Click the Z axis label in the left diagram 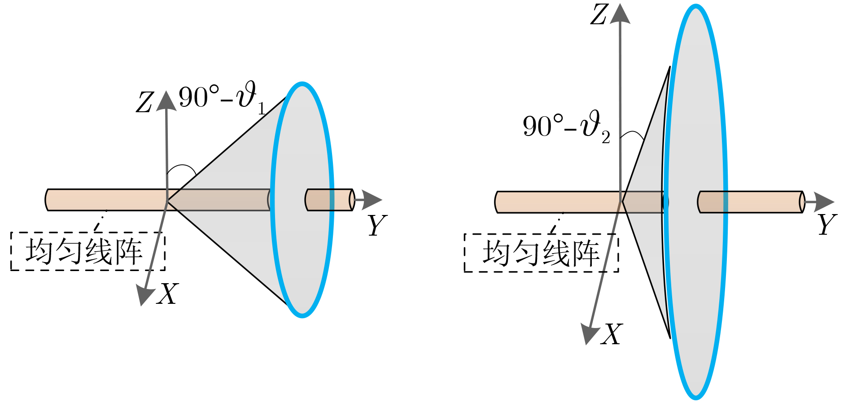[x=145, y=103]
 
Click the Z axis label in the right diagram [x=599, y=14]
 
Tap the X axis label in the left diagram [x=167, y=294]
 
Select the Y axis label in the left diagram [x=377, y=225]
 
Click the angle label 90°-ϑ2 [x=567, y=127]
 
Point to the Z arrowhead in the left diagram [x=166, y=100]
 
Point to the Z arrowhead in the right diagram [x=620, y=13]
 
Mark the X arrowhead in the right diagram [x=590, y=333]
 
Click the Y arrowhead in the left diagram [x=372, y=200]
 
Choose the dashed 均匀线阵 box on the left [x=88, y=251]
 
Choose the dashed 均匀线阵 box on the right [x=542, y=253]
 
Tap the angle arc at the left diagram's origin [x=181, y=169]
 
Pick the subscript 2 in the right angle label [x=606, y=137]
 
